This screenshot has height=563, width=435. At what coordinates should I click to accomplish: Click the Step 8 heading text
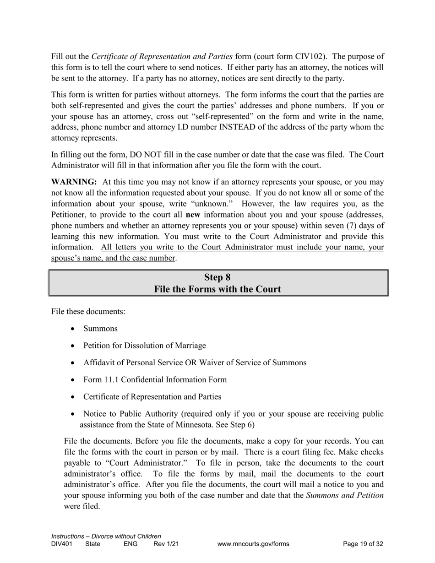[217, 277]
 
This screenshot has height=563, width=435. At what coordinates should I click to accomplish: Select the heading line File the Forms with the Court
[217, 289]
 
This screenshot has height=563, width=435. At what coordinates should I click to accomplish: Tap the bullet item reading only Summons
[100, 329]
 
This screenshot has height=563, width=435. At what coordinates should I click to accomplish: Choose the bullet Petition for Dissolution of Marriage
[144, 346]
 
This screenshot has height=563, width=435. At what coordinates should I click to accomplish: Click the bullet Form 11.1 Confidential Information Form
[155, 379]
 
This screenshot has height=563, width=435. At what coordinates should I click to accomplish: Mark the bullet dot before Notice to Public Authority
[74, 414]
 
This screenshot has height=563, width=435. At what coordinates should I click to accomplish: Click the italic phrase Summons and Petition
[344, 496]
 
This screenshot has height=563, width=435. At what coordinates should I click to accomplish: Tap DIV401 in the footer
[62, 544]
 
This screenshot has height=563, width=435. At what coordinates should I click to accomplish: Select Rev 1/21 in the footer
[166, 544]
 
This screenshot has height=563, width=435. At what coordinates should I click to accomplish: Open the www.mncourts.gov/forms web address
[253, 544]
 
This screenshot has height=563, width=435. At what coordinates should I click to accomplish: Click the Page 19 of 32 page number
[363, 544]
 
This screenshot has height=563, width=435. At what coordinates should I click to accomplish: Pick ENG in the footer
[130, 544]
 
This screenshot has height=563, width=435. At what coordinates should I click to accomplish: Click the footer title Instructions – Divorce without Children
[106, 536]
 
